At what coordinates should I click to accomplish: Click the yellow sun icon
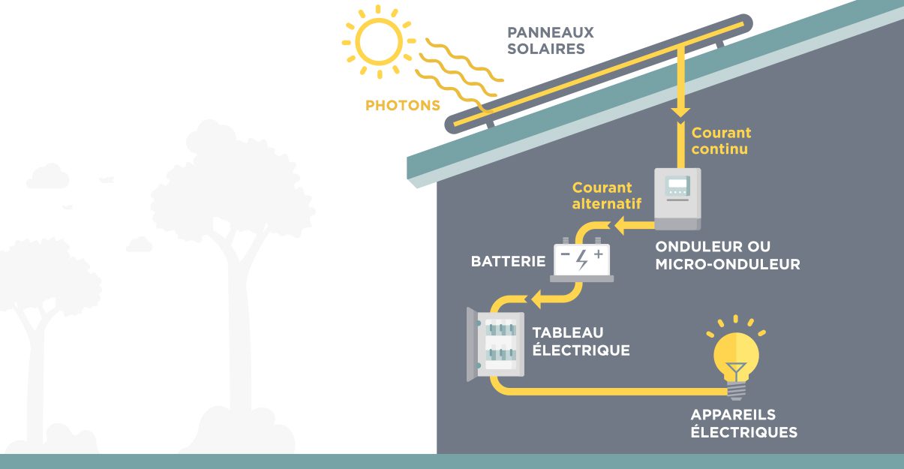click(378, 41)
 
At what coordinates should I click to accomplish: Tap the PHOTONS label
click(403, 106)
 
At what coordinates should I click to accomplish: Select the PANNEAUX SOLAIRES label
click(551, 41)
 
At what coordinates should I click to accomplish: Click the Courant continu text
click(721, 141)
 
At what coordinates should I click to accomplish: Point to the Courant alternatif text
click(602, 196)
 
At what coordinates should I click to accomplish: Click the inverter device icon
click(677, 198)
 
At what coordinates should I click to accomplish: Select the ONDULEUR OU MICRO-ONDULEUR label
click(727, 256)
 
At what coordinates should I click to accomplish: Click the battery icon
click(582, 261)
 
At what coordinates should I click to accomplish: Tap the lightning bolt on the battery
click(582, 259)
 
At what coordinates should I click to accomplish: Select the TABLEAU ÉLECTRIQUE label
click(581, 341)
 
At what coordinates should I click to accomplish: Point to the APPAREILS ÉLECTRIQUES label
click(743, 424)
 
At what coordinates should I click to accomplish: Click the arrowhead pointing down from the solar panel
click(680, 111)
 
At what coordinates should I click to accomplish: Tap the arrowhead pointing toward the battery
click(620, 224)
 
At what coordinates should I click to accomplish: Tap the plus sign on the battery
click(598, 254)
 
